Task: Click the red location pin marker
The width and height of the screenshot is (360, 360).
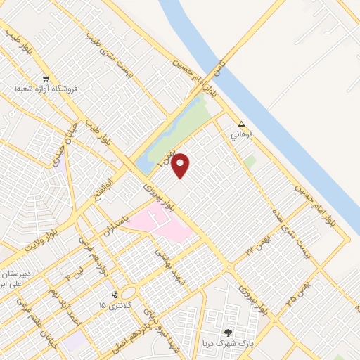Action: (181, 165)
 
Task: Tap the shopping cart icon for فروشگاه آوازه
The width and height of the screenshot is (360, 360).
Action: (46, 79)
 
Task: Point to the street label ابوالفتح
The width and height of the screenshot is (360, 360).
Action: (108, 188)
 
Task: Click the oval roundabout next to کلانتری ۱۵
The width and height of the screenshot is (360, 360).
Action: (129, 292)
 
